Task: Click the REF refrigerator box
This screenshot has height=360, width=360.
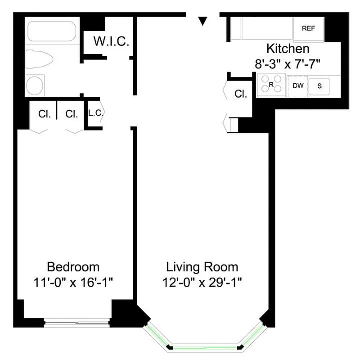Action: coord(308,28)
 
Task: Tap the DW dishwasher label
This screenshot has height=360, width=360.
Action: coord(297,85)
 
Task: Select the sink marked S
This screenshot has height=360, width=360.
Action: coord(319,86)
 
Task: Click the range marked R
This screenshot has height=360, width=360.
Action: coord(271,85)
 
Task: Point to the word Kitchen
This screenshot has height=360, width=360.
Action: coord(288,49)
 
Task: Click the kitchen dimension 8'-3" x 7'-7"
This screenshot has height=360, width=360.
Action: coord(288,63)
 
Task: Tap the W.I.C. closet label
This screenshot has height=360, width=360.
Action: coord(111,42)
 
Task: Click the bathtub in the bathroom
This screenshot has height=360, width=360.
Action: coord(51,31)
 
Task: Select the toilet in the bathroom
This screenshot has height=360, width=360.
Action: coord(40,59)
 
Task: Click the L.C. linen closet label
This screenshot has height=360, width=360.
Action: coord(95,113)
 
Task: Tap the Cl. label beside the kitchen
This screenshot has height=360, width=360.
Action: coord(241,94)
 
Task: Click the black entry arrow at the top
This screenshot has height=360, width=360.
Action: coord(203,21)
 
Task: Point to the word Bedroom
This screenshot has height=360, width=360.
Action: coord(73,267)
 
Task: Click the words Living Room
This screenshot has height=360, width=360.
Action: coord(202,267)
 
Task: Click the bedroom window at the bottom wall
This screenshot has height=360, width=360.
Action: coord(77,321)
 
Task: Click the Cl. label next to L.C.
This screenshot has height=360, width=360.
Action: coord(72,114)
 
